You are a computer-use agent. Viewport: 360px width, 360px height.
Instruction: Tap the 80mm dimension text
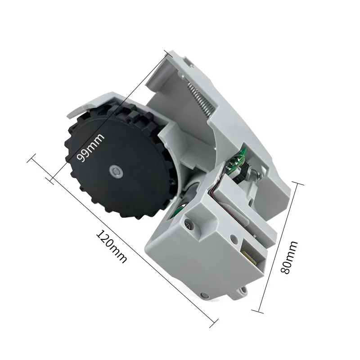(288, 258)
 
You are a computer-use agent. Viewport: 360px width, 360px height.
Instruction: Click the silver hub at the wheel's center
(115, 171)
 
